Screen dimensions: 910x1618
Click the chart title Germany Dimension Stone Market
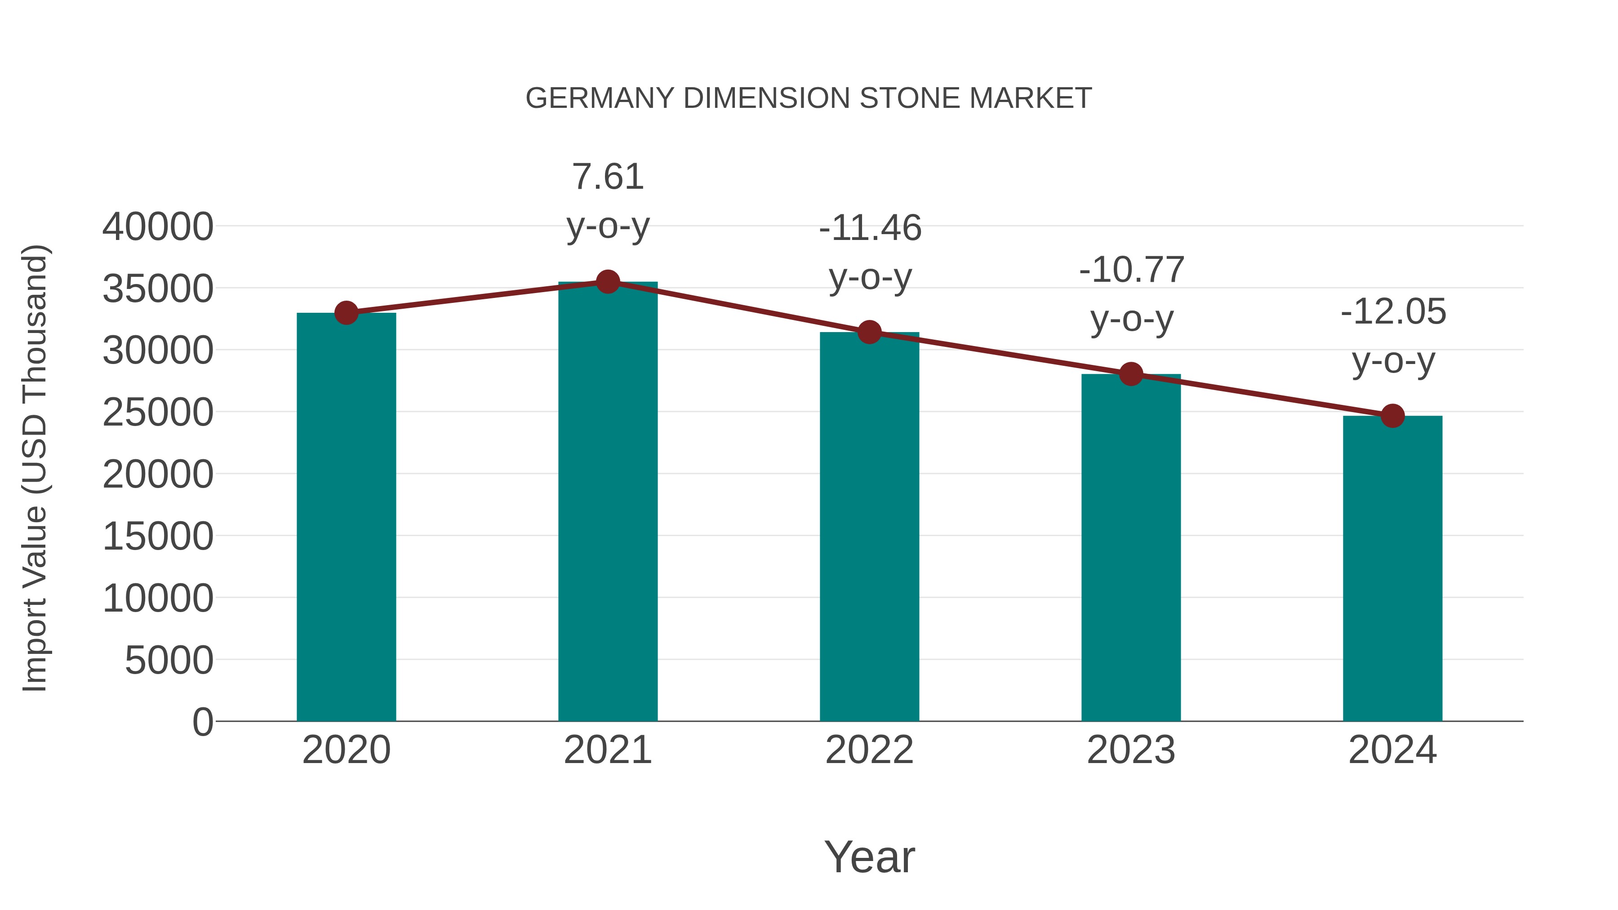pos(809,98)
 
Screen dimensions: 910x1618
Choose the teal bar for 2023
pos(1131,547)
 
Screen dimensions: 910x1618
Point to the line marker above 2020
pos(346,312)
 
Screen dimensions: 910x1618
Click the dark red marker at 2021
pos(607,282)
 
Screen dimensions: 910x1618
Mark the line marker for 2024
pos(1392,415)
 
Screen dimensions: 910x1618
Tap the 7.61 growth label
pos(607,177)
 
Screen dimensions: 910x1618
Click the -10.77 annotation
pos(1131,270)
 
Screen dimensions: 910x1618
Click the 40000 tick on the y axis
pos(158,227)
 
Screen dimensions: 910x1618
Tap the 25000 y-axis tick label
pos(158,413)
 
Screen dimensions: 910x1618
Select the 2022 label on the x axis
pos(869,750)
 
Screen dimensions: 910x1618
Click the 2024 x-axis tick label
pos(1392,750)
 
